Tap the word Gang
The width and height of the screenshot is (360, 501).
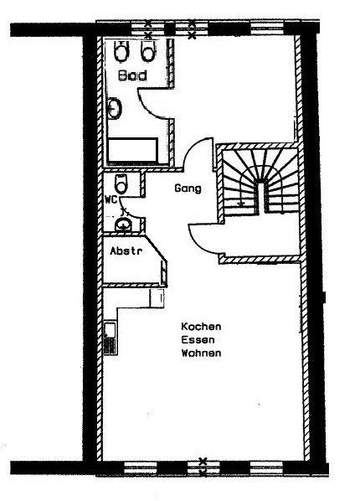[x=188, y=189]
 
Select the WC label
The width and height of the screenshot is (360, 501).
[x=111, y=199]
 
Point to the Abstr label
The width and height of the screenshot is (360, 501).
[x=126, y=250]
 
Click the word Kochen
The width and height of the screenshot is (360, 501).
[x=201, y=327]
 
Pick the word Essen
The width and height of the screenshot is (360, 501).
[x=198, y=339]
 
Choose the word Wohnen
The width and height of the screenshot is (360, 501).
[x=201, y=353]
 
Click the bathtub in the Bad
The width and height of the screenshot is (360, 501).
[x=132, y=150]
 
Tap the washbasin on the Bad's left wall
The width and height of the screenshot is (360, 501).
[x=114, y=109]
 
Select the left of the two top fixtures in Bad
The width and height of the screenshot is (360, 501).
[x=121, y=51]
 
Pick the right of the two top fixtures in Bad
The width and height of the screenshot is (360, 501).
[x=147, y=51]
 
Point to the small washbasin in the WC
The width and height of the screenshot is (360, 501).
[x=123, y=225]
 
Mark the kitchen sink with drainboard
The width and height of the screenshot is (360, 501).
[x=111, y=338]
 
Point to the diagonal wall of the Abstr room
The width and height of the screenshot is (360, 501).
[x=156, y=248]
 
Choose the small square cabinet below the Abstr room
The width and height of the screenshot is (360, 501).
[x=157, y=297]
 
